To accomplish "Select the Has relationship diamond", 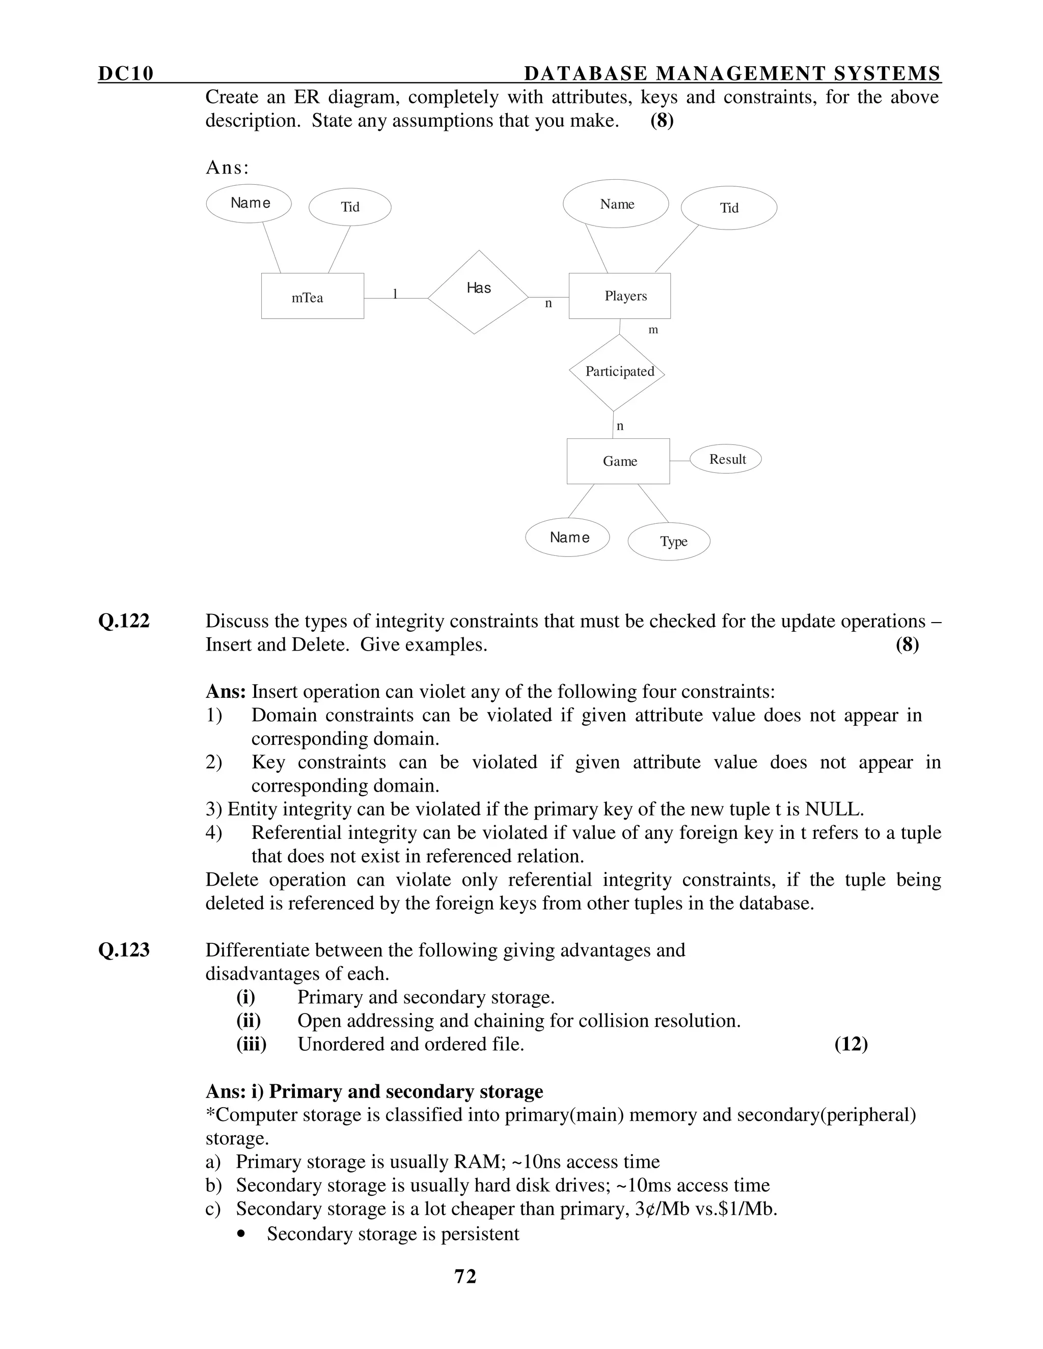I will (x=478, y=292).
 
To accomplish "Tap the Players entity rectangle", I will (x=619, y=296).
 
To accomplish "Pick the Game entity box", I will (x=618, y=461).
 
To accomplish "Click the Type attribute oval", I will (x=669, y=541).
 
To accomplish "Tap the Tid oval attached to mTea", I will (x=350, y=207).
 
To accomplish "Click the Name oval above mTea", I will (x=249, y=203).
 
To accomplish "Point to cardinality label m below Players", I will (x=653, y=330).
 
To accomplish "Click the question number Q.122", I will (x=124, y=621).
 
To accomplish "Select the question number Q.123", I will (x=124, y=950).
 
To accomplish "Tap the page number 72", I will (x=465, y=1276).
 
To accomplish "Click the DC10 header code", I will (x=125, y=73).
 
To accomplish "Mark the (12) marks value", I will (x=851, y=1045).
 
